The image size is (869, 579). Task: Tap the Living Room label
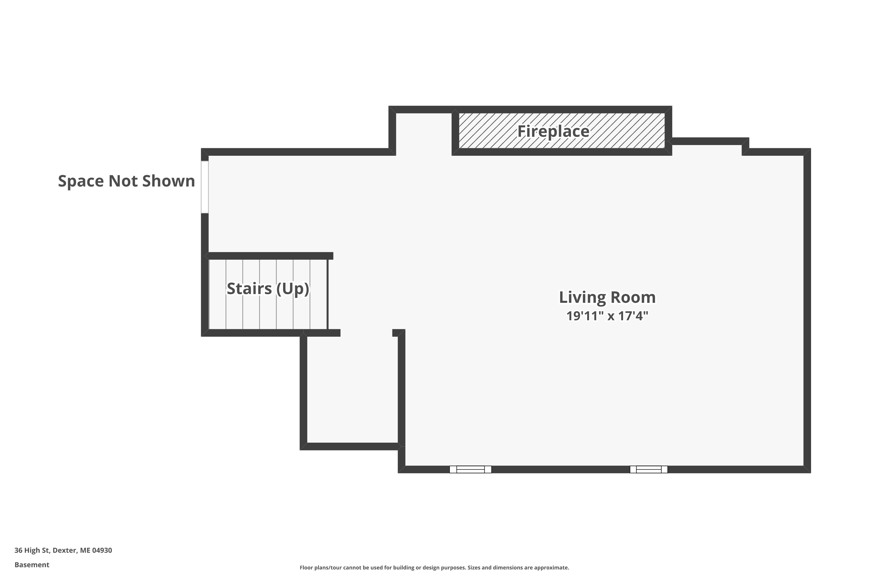607,298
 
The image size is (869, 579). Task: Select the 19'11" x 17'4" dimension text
607,316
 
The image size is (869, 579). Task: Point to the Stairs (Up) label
268,289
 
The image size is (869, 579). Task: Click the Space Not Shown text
126,181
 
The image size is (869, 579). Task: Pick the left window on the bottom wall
470,469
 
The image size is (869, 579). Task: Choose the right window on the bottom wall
649,469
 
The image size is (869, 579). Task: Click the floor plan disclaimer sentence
434,567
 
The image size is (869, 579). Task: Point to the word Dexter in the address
65,550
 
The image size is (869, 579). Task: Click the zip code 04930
102,550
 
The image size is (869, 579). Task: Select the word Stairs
249,289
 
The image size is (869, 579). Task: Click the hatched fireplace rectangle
562,131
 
